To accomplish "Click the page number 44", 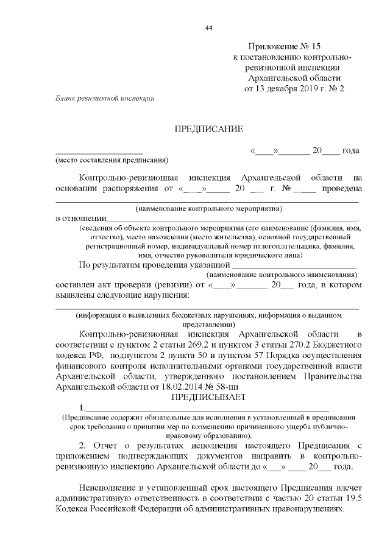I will pos(209,28).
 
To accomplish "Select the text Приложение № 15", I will pos(284,47).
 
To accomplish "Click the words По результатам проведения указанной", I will pos(155,264).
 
